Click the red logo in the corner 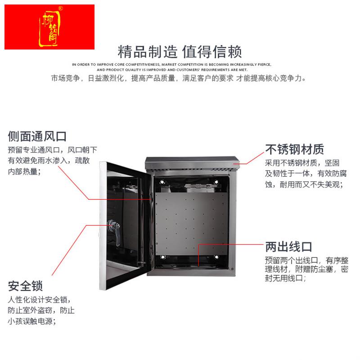pyautogui.click(x=49, y=27)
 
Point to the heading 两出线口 pyautogui.click(x=288, y=247)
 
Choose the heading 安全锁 pyautogui.click(x=25, y=286)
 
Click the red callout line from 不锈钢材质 pyautogui.click(x=252, y=160)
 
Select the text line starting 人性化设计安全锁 pyautogui.click(x=39, y=300)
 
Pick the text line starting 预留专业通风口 pyautogui.click(x=52, y=149)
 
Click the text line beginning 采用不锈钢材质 pyautogui.click(x=305, y=163)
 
